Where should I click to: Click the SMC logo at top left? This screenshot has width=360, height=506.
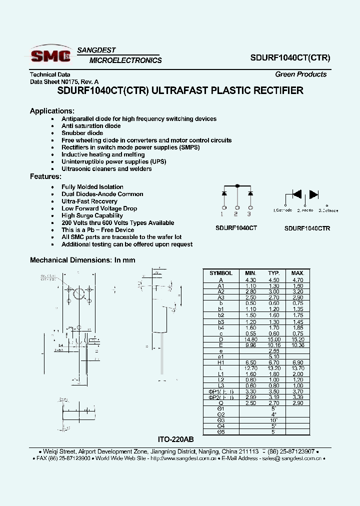[x=50, y=55]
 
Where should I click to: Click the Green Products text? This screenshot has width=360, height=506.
[x=300, y=74]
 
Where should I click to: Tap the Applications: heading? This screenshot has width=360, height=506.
[x=52, y=111]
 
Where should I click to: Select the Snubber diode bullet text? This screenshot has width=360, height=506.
[x=82, y=133]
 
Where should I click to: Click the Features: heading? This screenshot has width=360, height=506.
[x=45, y=176]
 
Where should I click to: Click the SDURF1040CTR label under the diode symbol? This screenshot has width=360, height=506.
[x=307, y=228]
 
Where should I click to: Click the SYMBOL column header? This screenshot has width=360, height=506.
[x=220, y=273]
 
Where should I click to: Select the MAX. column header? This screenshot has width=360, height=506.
[x=297, y=273]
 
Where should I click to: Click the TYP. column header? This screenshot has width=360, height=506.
[x=273, y=273]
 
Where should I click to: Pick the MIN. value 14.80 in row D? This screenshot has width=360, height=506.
[x=250, y=339]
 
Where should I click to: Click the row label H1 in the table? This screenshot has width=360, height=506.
[x=220, y=362]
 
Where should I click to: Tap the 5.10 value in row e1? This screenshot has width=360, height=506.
[x=273, y=356]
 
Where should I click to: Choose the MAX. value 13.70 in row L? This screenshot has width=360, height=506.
[x=297, y=368]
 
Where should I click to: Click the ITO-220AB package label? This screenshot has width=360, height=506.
[x=175, y=439]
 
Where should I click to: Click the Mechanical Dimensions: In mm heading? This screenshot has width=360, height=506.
[x=82, y=260]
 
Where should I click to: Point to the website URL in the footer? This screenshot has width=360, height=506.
[x=183, y=458]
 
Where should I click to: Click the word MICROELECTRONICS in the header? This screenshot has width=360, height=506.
[x=125, y=60]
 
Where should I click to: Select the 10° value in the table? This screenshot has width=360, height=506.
[x=273, y=420]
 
